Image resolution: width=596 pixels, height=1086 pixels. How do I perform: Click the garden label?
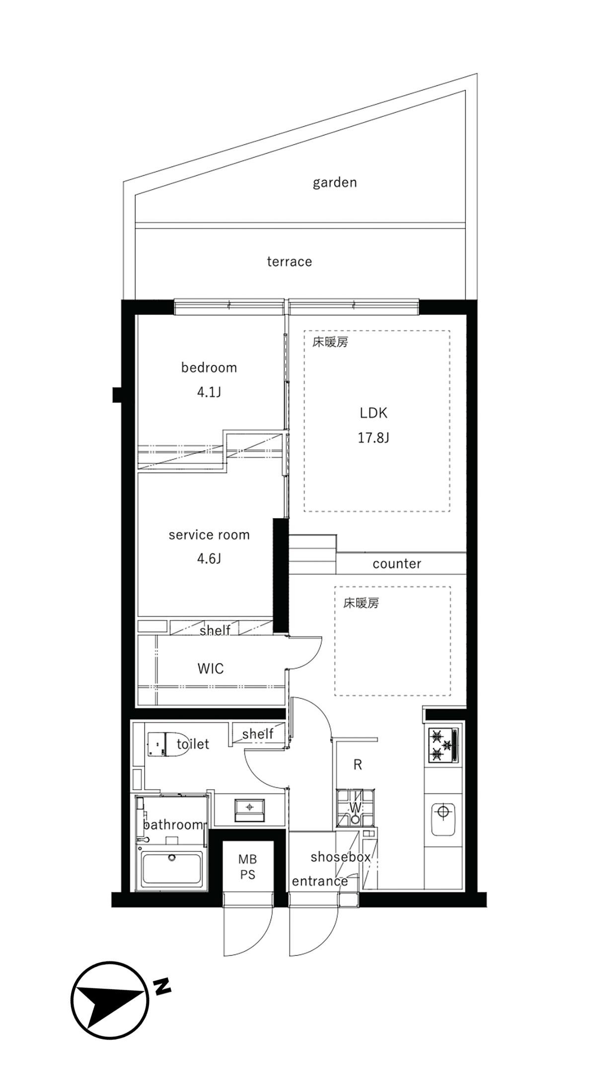point(335,182)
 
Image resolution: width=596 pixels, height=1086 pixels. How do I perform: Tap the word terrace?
point(289,261)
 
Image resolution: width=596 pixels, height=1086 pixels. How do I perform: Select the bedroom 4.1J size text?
point(209,392)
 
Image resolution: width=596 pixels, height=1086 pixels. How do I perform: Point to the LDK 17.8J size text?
point(373,438)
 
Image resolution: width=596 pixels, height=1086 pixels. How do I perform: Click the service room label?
point(209,535)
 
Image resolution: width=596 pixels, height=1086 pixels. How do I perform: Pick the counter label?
point(396,563)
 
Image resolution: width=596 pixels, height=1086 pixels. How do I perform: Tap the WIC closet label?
point(211,668)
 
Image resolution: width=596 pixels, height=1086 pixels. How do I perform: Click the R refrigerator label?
point(358,765)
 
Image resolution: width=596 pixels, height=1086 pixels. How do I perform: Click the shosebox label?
point(341,857)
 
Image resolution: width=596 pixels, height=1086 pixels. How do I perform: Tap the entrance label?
point(319,881)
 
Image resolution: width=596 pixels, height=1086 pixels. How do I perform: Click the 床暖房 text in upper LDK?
point(330,342)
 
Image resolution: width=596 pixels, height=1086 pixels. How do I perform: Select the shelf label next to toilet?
point(257,733)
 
